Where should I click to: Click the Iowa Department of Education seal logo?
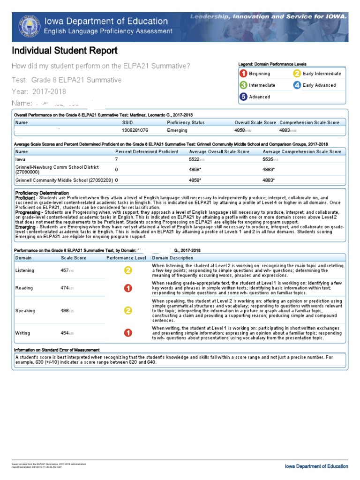pos(30,27)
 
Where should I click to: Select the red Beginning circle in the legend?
pos(243,74)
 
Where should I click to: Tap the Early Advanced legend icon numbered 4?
pos(297,85)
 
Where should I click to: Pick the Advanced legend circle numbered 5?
pos(243,97)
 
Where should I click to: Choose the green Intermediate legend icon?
pos(243,85)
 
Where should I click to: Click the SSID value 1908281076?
pos(135,130)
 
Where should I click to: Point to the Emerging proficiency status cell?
pos(177,130)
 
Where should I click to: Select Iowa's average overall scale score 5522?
pos(198,159)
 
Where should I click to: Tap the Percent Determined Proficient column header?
pos(147,152)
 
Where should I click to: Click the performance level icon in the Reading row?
pos(127,288)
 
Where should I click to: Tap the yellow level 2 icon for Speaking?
pos(127,311)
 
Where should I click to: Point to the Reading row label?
pos(24,288)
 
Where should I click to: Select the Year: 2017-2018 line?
pos(39,91)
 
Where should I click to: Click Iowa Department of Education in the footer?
pos(316,466)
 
